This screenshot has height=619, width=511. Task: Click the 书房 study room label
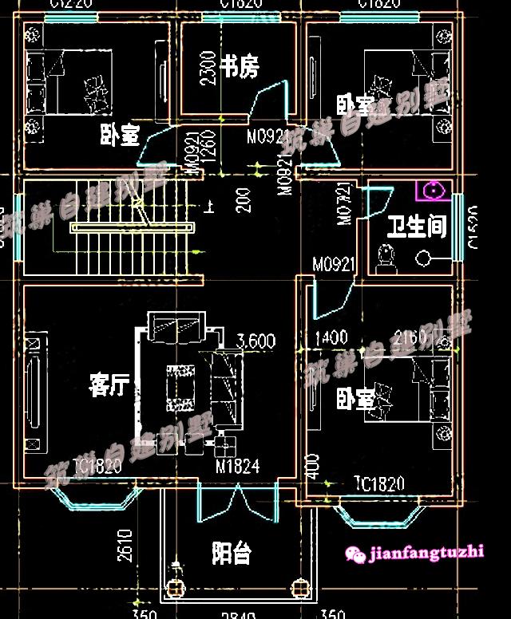[x=240, y=66]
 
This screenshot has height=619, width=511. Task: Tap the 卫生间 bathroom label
[x=416, y=227]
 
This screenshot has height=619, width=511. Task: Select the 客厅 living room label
[x=109, y=386]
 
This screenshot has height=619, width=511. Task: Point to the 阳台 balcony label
[x=232, y=553]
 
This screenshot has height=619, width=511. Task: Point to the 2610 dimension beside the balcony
[x=125, y=546]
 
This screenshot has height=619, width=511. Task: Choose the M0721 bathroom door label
[x=345, y=204]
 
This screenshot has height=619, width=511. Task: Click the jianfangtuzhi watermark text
[x=426, y=551]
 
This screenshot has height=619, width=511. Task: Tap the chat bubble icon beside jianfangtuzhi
[x=356, y=552]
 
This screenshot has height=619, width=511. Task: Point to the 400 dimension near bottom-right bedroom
[x=312, y=467]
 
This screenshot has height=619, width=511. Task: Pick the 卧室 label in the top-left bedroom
[x=120, y=136]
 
